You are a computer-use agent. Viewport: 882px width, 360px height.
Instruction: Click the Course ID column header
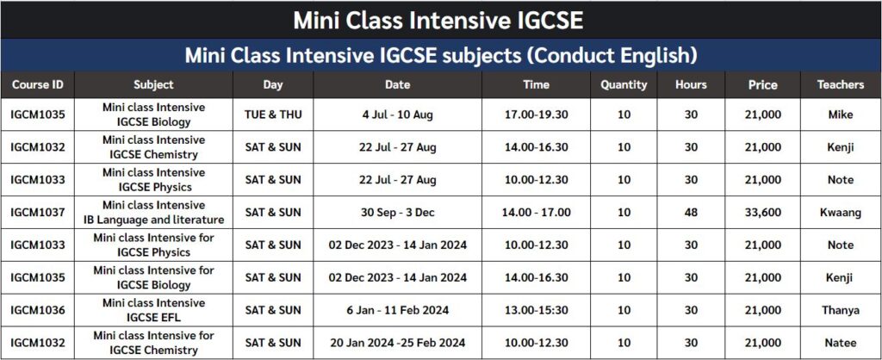click(38, 84)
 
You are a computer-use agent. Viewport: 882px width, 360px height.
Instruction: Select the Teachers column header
click(840, 84)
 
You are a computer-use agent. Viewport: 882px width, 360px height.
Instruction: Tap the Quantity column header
click(624, 84)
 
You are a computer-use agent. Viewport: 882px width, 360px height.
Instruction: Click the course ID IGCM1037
click(38, 213)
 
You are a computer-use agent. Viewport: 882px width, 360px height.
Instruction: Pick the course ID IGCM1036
click(38, 310)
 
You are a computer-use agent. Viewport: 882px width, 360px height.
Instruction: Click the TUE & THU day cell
click(273, 115)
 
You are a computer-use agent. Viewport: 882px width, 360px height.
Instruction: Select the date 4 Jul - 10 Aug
click(398, 115)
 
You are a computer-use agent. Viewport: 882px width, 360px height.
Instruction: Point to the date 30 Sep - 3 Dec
click(398, 213)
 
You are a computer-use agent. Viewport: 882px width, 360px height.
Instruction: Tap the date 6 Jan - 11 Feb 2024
click(398, 310)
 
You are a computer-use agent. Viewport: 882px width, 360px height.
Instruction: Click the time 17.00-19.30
click(536, 115)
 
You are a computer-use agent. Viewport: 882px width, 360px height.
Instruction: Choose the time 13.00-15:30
click(536, 310)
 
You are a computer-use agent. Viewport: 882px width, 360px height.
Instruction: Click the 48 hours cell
click(691, 213)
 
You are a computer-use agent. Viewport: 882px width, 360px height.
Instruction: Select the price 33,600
click(762, 213)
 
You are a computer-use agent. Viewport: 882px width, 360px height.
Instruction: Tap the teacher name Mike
click(840, 115)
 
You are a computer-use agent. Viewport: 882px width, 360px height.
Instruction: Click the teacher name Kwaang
click(840, 213)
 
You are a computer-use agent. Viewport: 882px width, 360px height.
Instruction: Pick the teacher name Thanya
click(840, 310)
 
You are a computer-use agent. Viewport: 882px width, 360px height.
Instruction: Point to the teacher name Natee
click(840, 343)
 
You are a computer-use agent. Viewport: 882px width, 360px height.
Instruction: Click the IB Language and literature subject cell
click(153, 213)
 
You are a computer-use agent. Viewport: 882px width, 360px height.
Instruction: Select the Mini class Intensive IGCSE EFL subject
click(153, 310)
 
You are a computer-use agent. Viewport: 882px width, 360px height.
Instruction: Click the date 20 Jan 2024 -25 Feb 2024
click(398, 343)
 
